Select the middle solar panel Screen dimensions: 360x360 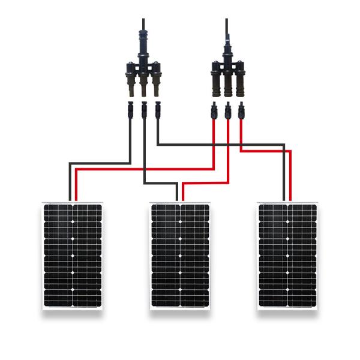point(180,256)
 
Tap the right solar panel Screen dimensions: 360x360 point(287,256)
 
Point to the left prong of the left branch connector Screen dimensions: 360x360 point(130,82)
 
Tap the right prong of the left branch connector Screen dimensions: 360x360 point(157,82)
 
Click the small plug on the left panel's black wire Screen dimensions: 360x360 point(130,110)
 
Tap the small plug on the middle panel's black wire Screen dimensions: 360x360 point(143,112)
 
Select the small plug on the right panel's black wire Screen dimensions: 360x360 point(157,110)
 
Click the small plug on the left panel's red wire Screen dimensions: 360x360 point(214,112)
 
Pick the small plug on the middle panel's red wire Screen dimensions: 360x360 point(227,113)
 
